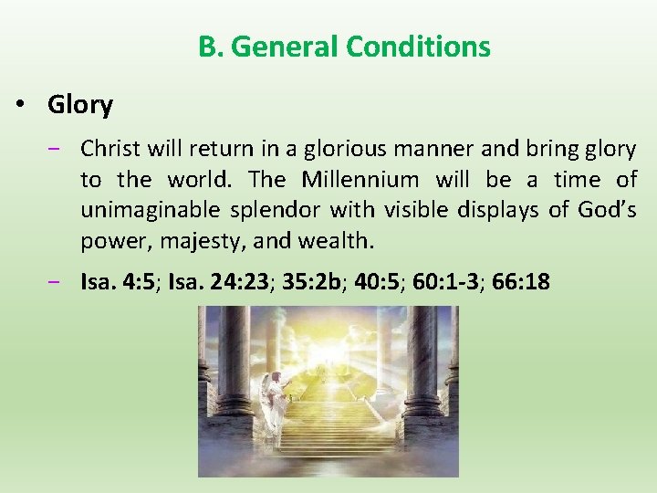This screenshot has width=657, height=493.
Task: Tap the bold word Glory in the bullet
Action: pos(80,105)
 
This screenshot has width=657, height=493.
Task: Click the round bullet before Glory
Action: pos(20,105)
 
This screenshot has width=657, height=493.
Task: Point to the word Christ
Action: pos(107,148)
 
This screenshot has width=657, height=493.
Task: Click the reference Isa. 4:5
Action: pos(117,282)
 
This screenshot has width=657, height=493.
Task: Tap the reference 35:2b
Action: pos(308,282)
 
